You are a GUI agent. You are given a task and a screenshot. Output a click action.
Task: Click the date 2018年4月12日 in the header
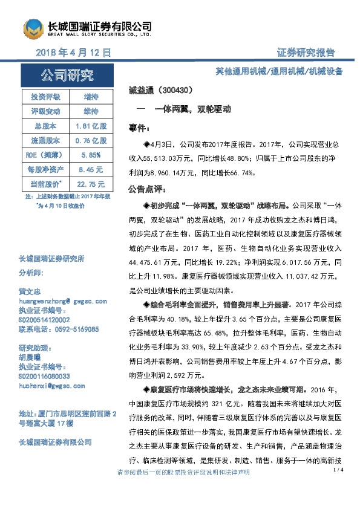pos(74,53)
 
